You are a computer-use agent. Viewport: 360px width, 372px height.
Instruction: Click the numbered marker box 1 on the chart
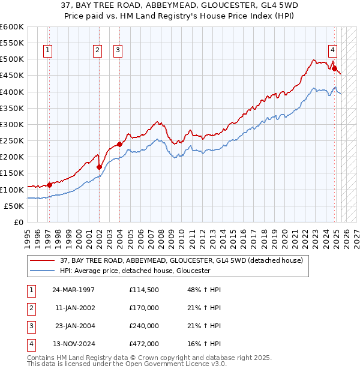point(47,51)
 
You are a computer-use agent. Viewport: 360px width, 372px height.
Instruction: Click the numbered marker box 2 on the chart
point(97,51)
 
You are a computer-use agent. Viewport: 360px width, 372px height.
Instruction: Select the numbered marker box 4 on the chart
point(332,51)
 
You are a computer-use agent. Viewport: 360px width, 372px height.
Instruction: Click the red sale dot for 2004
point(119,144)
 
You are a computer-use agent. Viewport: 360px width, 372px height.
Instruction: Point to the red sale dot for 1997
point(49,185)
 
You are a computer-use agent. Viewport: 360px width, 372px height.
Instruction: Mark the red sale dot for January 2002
point(100,167)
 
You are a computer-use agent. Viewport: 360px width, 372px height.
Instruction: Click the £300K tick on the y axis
point(12,124)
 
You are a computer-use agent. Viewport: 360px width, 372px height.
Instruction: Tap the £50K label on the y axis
point(14,206)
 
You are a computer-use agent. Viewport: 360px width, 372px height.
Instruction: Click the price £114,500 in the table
point(143,290)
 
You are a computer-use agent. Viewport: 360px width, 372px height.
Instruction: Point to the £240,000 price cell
point(143,326)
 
